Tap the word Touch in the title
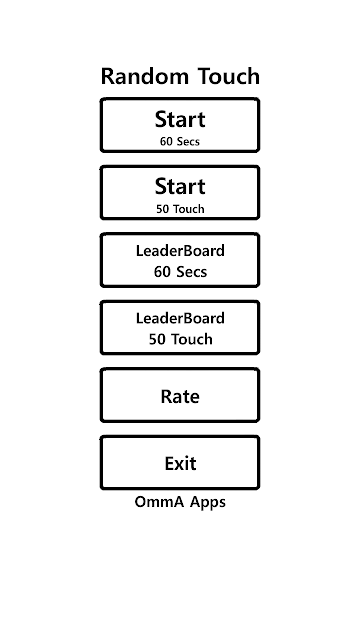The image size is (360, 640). coord(229,76)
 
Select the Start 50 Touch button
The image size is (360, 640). coord(180,193)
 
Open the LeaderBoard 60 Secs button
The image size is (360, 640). coord(180,260)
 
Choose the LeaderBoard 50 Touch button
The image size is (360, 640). coord(180,328)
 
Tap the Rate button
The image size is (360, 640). coord(180,396)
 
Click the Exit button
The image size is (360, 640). coord(180,463)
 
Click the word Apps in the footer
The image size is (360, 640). coord(208,503)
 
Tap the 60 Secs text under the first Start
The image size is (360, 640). coord(180,142)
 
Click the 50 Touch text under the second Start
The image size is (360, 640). coord(180,209)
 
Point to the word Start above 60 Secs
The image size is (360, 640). coord(180,119)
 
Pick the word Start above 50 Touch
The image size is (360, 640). coord(180,187)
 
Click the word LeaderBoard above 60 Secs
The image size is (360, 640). coord(180,251)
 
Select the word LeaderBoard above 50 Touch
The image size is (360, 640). coord(180,318)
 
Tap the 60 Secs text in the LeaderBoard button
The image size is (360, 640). coord(180,272)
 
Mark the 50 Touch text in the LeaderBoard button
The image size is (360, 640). coord(180,339)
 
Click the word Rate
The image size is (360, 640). coord(180,396)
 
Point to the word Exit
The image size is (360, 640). coord(180,464)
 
